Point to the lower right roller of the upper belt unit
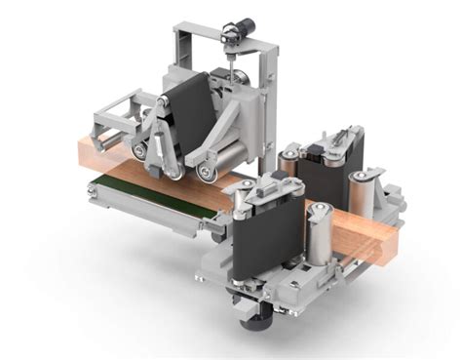pos(207,173)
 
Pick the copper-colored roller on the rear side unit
pos(289,166)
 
